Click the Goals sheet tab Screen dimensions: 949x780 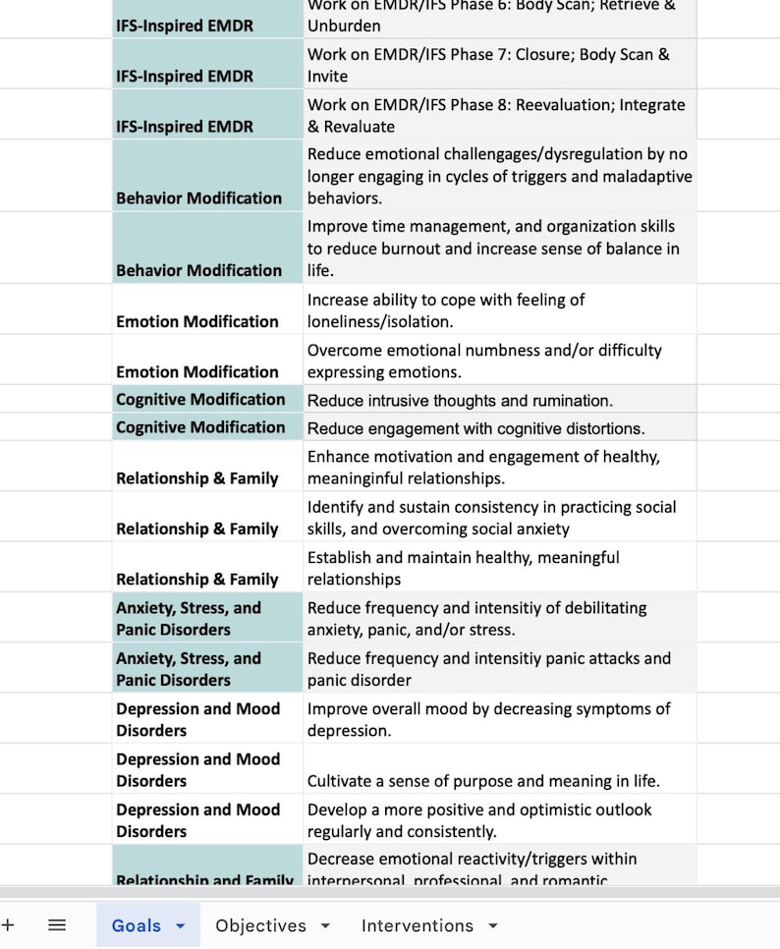pos(136,925)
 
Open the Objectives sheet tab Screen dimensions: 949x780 pos(260,925)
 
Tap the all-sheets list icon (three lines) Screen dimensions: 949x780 pos(57,925)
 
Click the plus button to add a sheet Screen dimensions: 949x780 pos(8,925)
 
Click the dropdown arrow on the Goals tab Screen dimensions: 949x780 pos(180,926)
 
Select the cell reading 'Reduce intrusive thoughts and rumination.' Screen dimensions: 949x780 pos(460,400)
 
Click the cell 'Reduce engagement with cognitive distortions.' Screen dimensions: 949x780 pos(475,427)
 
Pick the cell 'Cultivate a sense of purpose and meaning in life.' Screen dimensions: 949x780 pos(483,781)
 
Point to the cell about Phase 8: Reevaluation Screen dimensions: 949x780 pos(496,115)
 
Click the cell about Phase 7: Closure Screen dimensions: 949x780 pos(488,65)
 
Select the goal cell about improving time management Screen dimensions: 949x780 pos(493,249)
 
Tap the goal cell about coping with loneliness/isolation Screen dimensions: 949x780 pos(446,310)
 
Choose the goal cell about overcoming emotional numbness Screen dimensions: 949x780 pos(484,361)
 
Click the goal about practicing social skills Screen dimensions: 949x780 pos(491,518)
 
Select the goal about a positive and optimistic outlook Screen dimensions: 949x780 pos(479,820)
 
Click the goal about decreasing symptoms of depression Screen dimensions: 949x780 pos(489,719)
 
